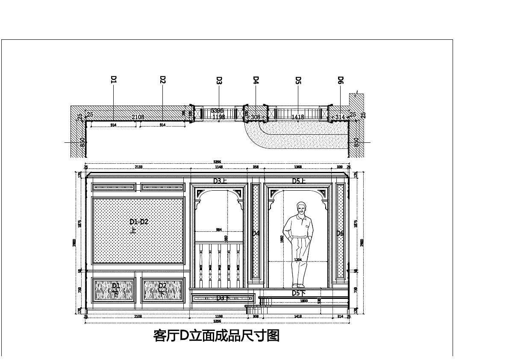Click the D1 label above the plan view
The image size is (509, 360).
tap(114, 80)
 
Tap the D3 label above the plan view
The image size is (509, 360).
tap(219, 80)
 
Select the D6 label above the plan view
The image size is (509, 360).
tap(341, 80)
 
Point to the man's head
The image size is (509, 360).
tap(302, 208)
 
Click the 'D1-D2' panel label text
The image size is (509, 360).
tap(139, 222)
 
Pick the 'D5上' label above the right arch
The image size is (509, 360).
tap(299, 181)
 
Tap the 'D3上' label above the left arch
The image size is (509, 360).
tap(220, 181)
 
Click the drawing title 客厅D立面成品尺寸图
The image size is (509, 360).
tap(216, 336)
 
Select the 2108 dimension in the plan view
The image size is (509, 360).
tap(138, 117)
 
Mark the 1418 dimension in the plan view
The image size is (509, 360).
tap(298, 117)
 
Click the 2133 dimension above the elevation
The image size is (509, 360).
tap(139, 167)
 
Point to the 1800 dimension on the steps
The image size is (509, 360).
tap(304, 301)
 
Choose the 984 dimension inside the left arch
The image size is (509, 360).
tap(219, 230)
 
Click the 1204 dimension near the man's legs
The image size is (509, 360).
tap(298, 260)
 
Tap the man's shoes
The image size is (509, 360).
tap(299, 285)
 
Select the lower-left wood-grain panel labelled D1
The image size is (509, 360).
tap(114, 290)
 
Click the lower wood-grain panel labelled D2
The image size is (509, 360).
tap(163, 290)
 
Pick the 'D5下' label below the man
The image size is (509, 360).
tap(299, 293)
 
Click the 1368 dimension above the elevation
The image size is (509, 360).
tap(298, 167)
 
